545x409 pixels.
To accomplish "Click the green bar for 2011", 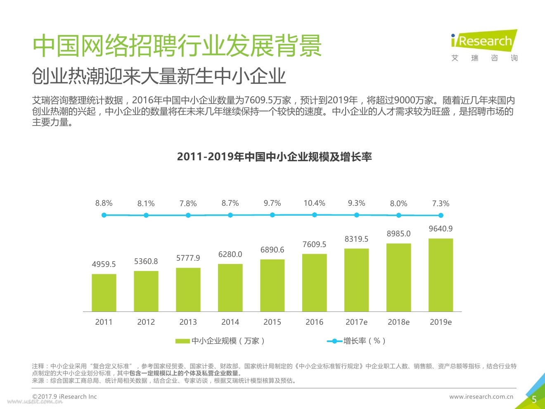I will [x=104, y=292].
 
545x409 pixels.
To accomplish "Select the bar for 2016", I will [x=315, y=283].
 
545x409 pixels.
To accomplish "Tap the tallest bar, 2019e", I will [x=441, y=275].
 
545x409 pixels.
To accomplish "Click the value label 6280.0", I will [x=230, y=254].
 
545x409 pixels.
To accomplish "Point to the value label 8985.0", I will [x=398, y=234].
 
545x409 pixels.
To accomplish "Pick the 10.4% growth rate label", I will [x=315, y=203].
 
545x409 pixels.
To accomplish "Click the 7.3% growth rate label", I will [x=441, y=204].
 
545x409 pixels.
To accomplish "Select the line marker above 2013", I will [x=188, y=215].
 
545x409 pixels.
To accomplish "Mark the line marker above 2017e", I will [x=357, y=215].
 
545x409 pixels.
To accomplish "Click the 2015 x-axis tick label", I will [x=272, y=322].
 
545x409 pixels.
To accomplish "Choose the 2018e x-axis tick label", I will [x=398, y=322].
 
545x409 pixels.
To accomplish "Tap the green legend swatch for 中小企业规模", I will [x=182, y=341].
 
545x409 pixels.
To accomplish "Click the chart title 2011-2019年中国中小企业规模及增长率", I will [x=274, y=157].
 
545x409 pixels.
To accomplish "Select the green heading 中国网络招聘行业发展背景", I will [x=177, y=45].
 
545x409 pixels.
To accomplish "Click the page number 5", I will [x=534, y=399].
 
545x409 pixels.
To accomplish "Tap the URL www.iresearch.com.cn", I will [x=481, y=397].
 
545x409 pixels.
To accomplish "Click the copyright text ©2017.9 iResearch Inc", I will [x=64, y=397].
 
